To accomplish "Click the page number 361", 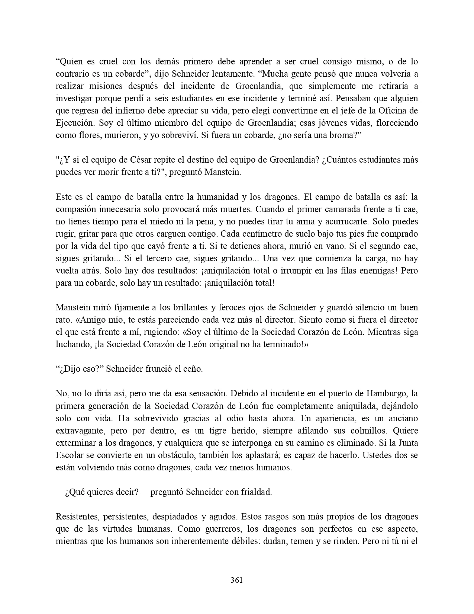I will tap(237, 580).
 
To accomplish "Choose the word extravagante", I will tap(78, 431).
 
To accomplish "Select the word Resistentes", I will tap(77, 517).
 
